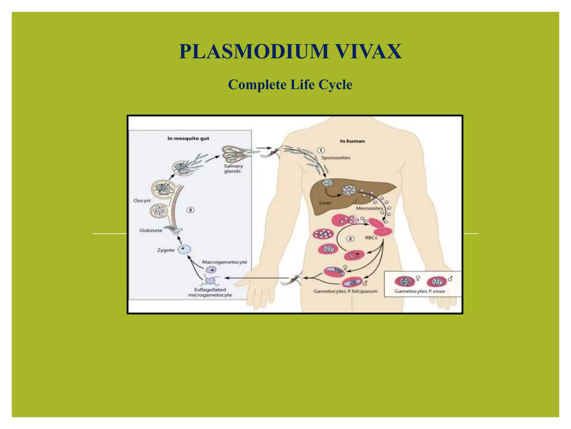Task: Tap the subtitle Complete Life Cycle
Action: click(x=290, y=85)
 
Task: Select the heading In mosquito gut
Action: click(x=188, y=139)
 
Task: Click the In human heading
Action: click(x=352, y=141)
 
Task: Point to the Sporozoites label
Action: click(x=335, y=158)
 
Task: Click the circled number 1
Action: click(x=321, y=151)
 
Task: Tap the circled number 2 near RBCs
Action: click(x=350, y=239)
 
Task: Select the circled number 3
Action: click(x=190, y=210)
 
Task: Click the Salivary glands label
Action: click(x=233, y=168)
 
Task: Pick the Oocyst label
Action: click(x=142, y=201)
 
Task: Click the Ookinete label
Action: click(x=151, y=230)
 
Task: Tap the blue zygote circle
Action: click(x=184, y=249)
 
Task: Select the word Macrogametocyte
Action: click(x=224, y=262)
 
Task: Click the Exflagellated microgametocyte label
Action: click(x=210, y=292)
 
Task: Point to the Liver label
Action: click(x=325, y=203)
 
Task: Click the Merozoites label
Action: click(x=369, y=208)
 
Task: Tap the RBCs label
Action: click(x=371, y=238)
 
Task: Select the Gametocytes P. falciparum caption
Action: click(x=345, y=291)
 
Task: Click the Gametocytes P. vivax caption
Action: click(x=420, y=291)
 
